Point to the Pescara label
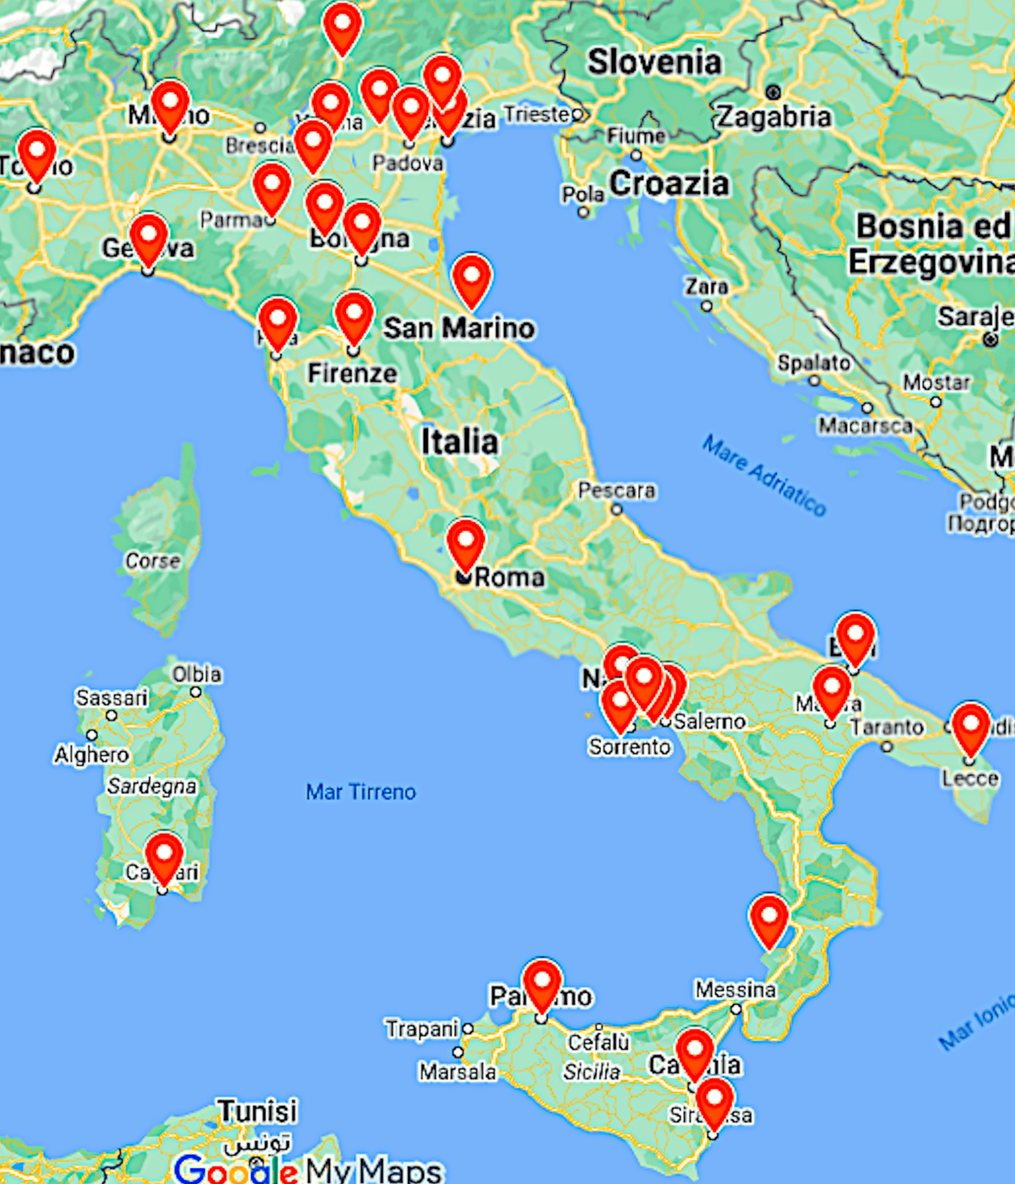point(616,490)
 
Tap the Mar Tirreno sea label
point(361,791)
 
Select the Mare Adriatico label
point(764,475)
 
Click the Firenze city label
point(352,373)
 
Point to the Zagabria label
point(774,117)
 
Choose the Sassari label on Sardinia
point(112,697)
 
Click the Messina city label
point(735,989)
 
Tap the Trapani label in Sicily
point(422,1029)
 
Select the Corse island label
point(153,560)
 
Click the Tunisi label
point(257,1111)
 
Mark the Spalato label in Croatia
point(813,363)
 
